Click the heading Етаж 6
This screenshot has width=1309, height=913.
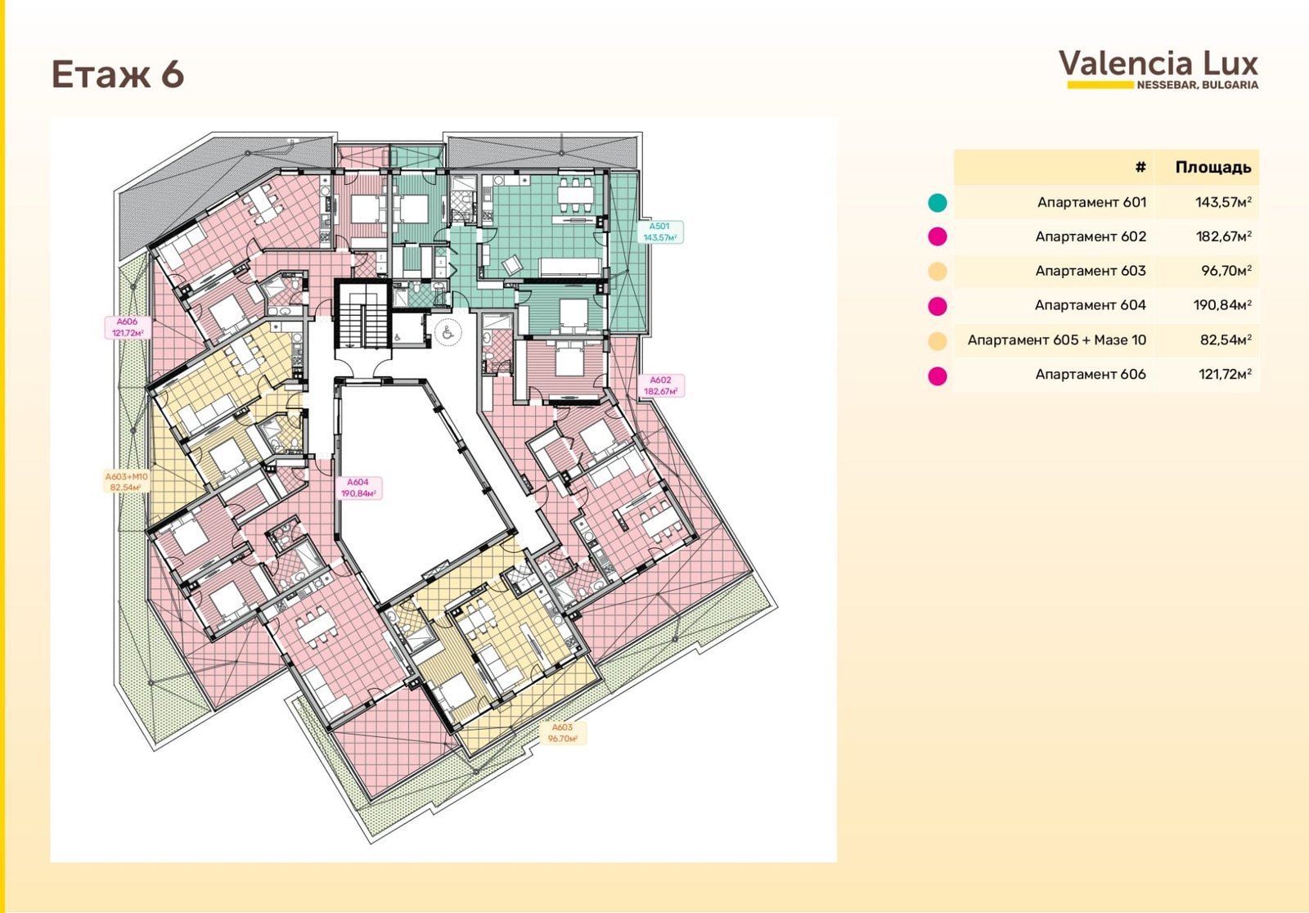click(x=118, y=74)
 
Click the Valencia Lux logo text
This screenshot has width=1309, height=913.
click(x=1158, y=64)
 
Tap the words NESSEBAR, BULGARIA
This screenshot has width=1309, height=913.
click(x=1198, y=85)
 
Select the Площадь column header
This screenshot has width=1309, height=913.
click(x=1213, y=168)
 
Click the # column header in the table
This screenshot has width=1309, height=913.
click(x=1140, y=168)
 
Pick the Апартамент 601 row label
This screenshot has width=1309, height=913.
click(x=1091, y=202)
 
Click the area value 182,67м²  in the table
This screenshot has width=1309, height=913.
click(x=1223, y=236)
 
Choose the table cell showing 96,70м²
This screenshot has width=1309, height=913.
click(x=1226, y=271)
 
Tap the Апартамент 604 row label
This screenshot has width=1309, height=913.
click(x=1091, y=305)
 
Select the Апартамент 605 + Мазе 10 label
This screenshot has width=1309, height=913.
click(x=1056, y=340)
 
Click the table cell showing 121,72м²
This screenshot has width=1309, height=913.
click(x=1225, y=374)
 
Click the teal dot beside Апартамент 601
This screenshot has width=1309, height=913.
click(x=938, y=203)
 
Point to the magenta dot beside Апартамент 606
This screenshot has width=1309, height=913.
click(x=938, y=376)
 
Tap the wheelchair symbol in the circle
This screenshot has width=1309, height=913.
click(x=448, y=333)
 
